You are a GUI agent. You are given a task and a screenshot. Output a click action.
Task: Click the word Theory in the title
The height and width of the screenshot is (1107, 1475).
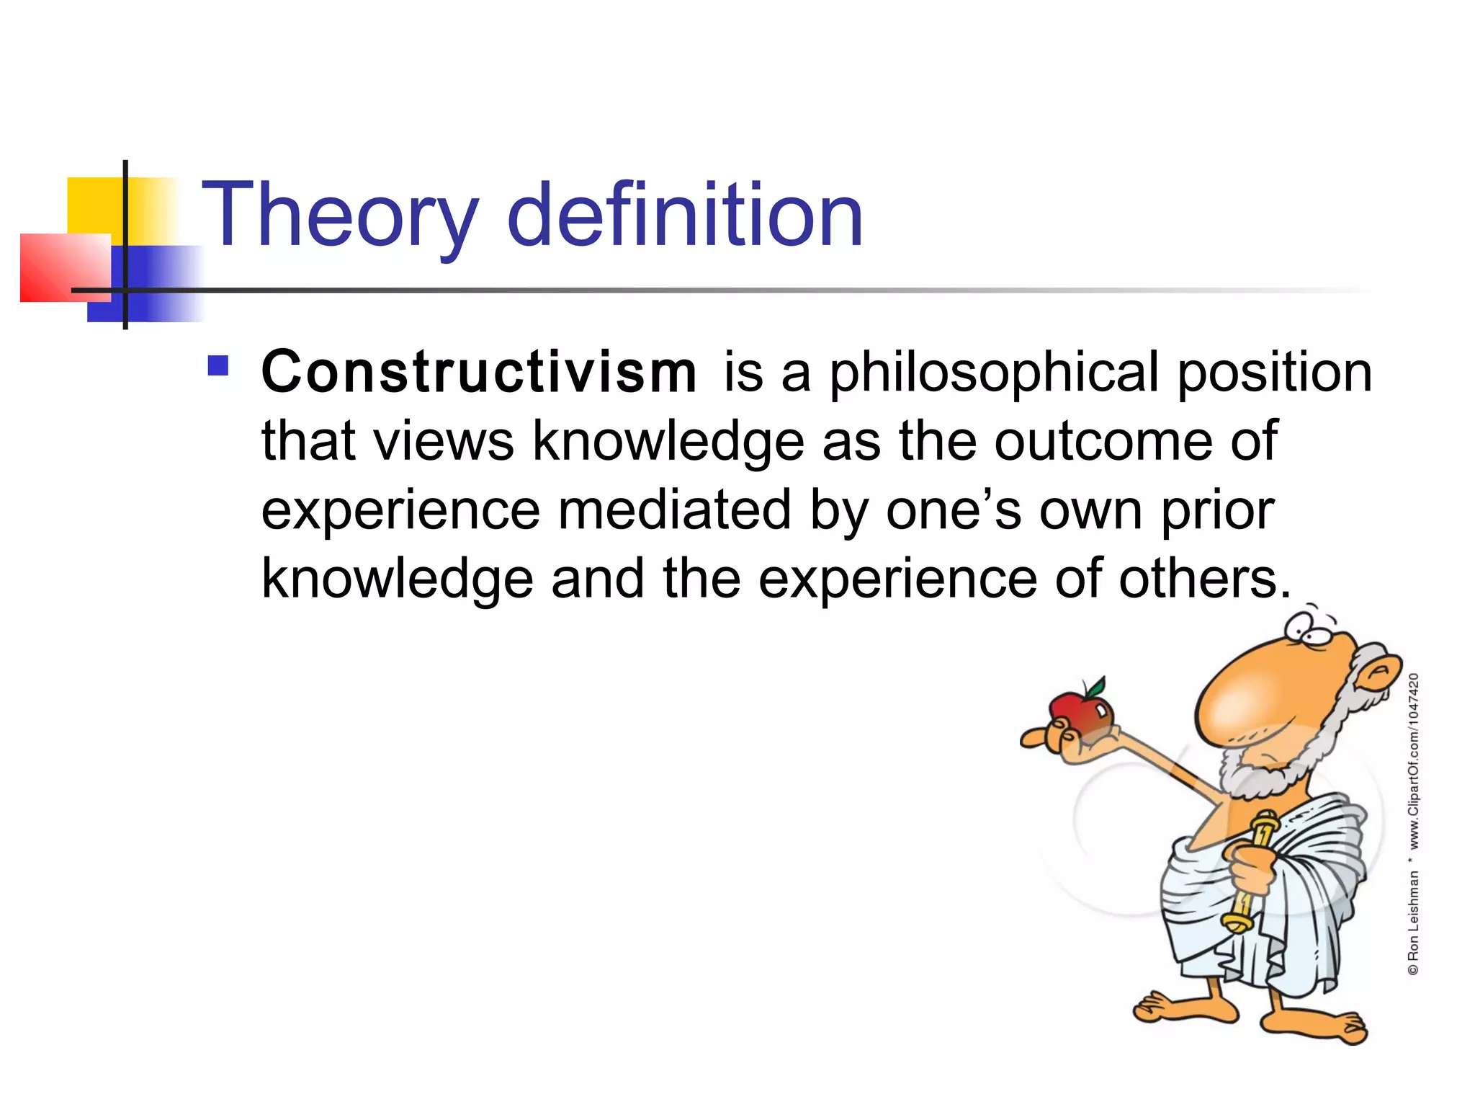coord(339,216)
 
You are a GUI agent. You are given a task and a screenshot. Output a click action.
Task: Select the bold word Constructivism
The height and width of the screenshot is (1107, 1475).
coord(478,373)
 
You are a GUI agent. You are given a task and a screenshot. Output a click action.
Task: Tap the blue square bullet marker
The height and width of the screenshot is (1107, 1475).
coord(218,366)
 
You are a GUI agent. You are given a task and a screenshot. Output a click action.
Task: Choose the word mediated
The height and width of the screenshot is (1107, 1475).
coord(674,510)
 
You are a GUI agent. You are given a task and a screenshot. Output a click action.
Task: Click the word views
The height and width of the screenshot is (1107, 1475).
coord(445,441)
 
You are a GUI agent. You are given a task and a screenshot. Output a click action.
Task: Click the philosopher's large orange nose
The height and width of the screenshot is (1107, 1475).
coord(1253,692)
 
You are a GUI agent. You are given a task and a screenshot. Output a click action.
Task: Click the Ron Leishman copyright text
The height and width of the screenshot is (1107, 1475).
coord(1413,915)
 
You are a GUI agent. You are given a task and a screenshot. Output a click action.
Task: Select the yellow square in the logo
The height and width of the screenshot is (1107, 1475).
coord(94,205)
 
